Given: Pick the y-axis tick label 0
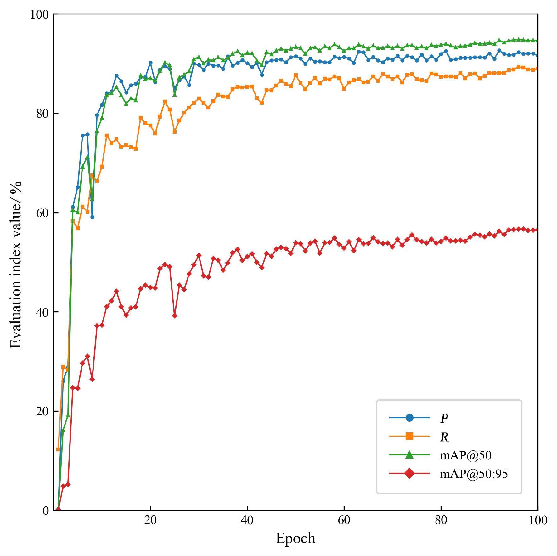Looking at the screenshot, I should pyautogui.click(x=45, y=510).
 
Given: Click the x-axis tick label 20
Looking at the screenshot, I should pyautogui.click(x=150, y=521).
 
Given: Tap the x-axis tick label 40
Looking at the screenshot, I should pyautogui.click(x=247, y=521).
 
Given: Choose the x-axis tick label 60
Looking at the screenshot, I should pyautogui.click(x=344, y=521).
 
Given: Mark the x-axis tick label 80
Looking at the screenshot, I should pyautogui.click(x=441, y=521).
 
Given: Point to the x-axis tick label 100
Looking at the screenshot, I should pyautogui.click(x=537, y=521).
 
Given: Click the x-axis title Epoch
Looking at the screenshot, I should pyautogui.click(x=295, y=538).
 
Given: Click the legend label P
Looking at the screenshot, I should pyautogui.click(x=444, y=419).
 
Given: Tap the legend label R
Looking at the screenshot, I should pyautogui.click(x=444, y=437).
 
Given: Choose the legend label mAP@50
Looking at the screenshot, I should pyautogui.click(x=465, y=455).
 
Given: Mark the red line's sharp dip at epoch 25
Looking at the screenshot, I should pyautogui.click(x=175, y=316).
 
